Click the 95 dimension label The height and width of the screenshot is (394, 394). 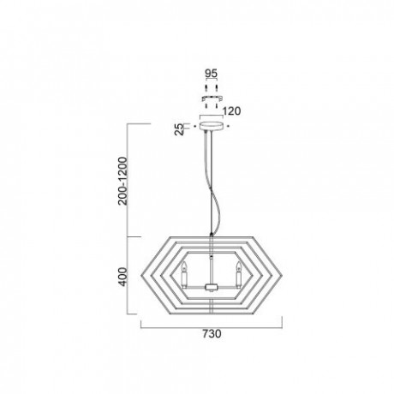(212, 74)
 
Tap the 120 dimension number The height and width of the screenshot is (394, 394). (231, 111)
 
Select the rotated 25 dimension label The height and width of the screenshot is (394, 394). (180, 129)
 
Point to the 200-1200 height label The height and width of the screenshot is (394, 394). (122, 181)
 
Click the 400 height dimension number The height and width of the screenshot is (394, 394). (122, 277)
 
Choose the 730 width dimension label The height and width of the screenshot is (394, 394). (212, 333)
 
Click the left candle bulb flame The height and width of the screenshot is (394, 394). (185, 266)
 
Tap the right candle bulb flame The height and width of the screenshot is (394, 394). (238, 266)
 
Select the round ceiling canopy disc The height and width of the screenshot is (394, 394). (212, 126)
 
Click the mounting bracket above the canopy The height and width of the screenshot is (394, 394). (212, 98)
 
